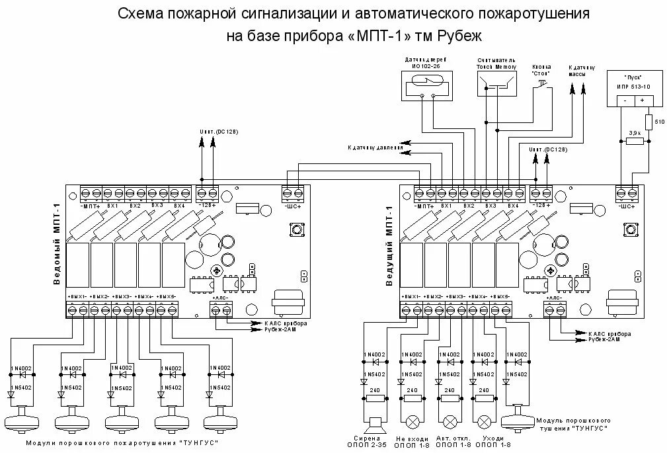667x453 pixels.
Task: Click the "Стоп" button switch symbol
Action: pyautogui.click(x=541, y=84)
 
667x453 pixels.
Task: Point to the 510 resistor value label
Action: pyautogui.click(x=658, y=122)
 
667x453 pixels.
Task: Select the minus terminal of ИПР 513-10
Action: pyautogui.click(x=625, y=101)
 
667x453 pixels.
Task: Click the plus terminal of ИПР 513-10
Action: pyautogui.click(x=642, y=101)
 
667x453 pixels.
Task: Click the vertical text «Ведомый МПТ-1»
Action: pyautogui.click(x=57, y=244)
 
